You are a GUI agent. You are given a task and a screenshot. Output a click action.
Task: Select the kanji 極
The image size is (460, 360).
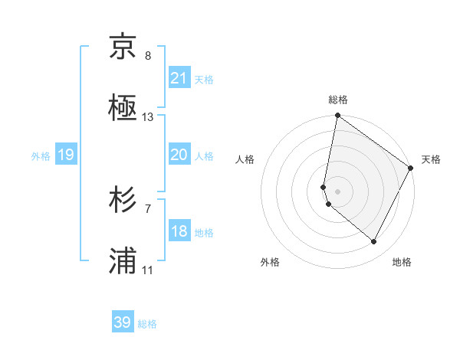tap(123, 110)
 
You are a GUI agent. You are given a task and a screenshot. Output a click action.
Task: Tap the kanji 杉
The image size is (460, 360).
tap(123, 201)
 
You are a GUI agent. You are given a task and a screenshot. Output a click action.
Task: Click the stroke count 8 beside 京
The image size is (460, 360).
tap(148, 56)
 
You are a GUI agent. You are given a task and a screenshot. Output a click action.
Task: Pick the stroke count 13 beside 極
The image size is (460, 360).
tap(148, 117)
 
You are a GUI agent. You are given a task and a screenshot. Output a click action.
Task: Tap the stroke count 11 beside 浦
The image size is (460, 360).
tap(148, 270)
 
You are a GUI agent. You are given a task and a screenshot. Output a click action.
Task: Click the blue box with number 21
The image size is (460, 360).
tap(179, 78)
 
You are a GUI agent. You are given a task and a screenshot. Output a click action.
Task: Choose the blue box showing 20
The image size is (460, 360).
tap(179, 155)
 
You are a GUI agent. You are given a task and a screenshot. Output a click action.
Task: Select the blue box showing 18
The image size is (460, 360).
tap(179, 231)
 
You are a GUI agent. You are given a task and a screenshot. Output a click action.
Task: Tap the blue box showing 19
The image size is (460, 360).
tap(65, 155)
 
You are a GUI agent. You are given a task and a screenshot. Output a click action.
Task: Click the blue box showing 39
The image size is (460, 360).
tap(123, 322)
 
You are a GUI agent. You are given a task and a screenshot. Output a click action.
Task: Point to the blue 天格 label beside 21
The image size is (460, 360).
tap(204, 79)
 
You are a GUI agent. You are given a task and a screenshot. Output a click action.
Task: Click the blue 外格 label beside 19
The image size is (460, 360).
tap(41, 155)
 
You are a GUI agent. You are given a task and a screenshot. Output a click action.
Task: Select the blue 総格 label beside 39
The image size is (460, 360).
tap(147, 323)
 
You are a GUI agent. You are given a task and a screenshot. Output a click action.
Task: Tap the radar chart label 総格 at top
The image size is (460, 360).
tap(338, 100)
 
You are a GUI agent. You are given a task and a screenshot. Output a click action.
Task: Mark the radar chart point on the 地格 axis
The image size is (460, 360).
tap(374, 242)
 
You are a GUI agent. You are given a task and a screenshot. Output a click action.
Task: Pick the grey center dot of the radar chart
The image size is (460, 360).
tap(338, 191)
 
